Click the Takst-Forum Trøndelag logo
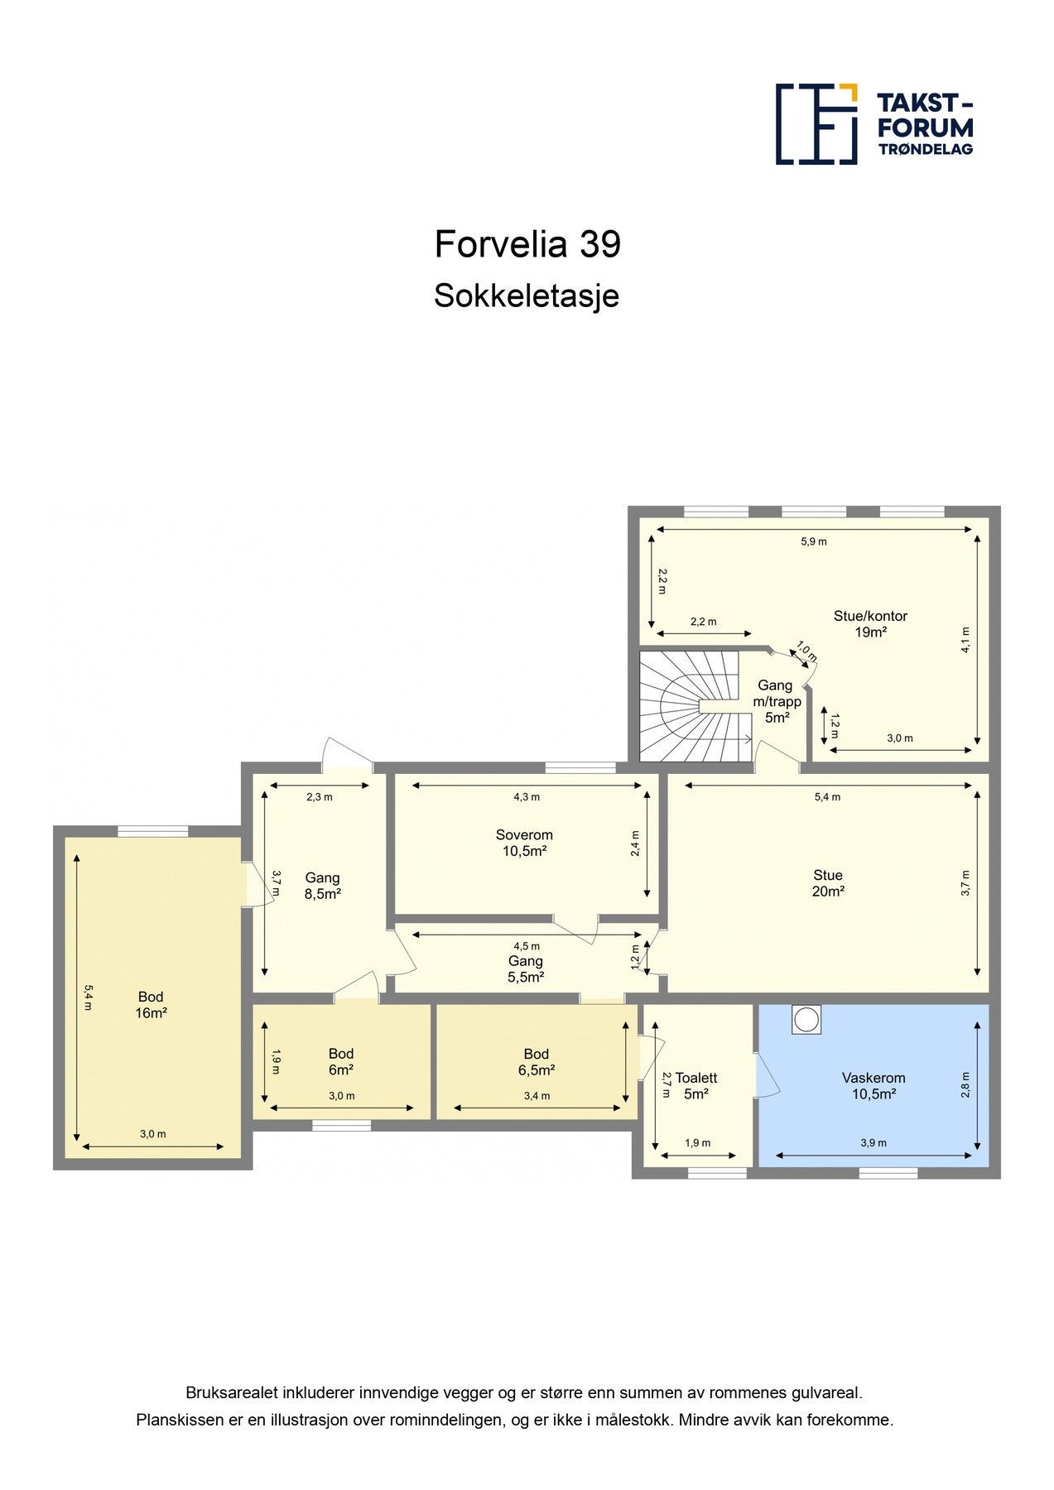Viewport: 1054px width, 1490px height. (874, 124)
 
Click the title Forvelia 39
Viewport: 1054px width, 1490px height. (527, 244)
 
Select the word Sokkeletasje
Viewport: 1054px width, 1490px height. (527, 296)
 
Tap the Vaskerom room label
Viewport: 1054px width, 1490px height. (874, 1078)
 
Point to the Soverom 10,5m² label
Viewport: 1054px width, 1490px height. (524, 843)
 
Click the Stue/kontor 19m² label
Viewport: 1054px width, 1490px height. (870, 624)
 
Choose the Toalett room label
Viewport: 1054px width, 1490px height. (695, 1078)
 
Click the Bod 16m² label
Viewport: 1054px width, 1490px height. (151, 1005)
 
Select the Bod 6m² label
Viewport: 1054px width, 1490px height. (341, 1061)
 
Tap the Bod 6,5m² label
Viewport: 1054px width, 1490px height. (537, 1061)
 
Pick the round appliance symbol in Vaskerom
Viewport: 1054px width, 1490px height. (806, 1020)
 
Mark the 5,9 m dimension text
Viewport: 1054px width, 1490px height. (814, 542)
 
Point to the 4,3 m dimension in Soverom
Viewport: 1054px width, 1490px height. (527, 797)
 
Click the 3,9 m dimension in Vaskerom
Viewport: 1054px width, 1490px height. (874, 1143)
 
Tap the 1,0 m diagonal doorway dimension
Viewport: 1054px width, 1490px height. (806, 651)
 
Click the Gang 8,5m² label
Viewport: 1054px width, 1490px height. (323, 886)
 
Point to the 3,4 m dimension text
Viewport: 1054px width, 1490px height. (537, 1096)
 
